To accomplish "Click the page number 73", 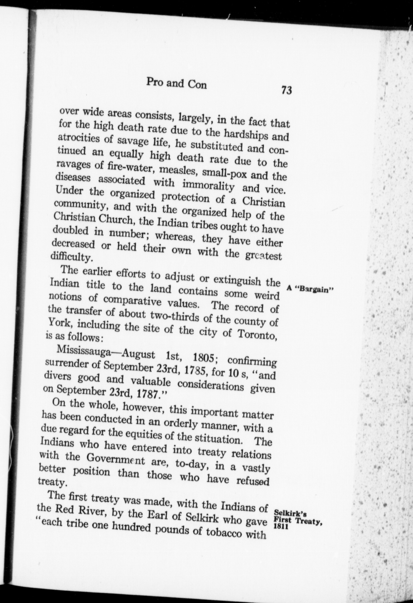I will (x=286, y=90).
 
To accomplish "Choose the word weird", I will (x=266, y=295).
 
